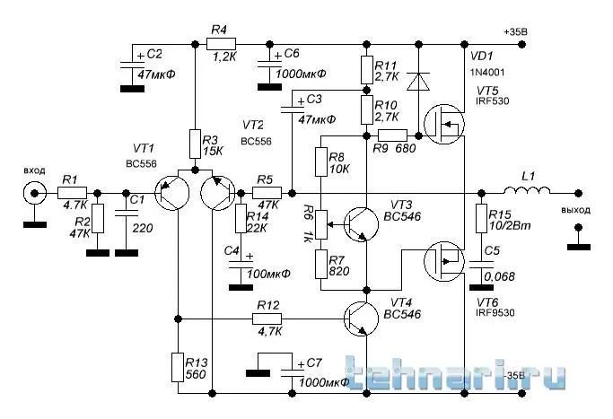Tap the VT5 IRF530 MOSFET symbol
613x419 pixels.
click(445, 124)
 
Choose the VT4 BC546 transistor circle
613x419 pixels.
click(364, 319)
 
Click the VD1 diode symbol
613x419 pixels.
click(416, 82)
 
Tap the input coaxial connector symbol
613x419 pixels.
click(34, 193)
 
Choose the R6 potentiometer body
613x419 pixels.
click(323, 221)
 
